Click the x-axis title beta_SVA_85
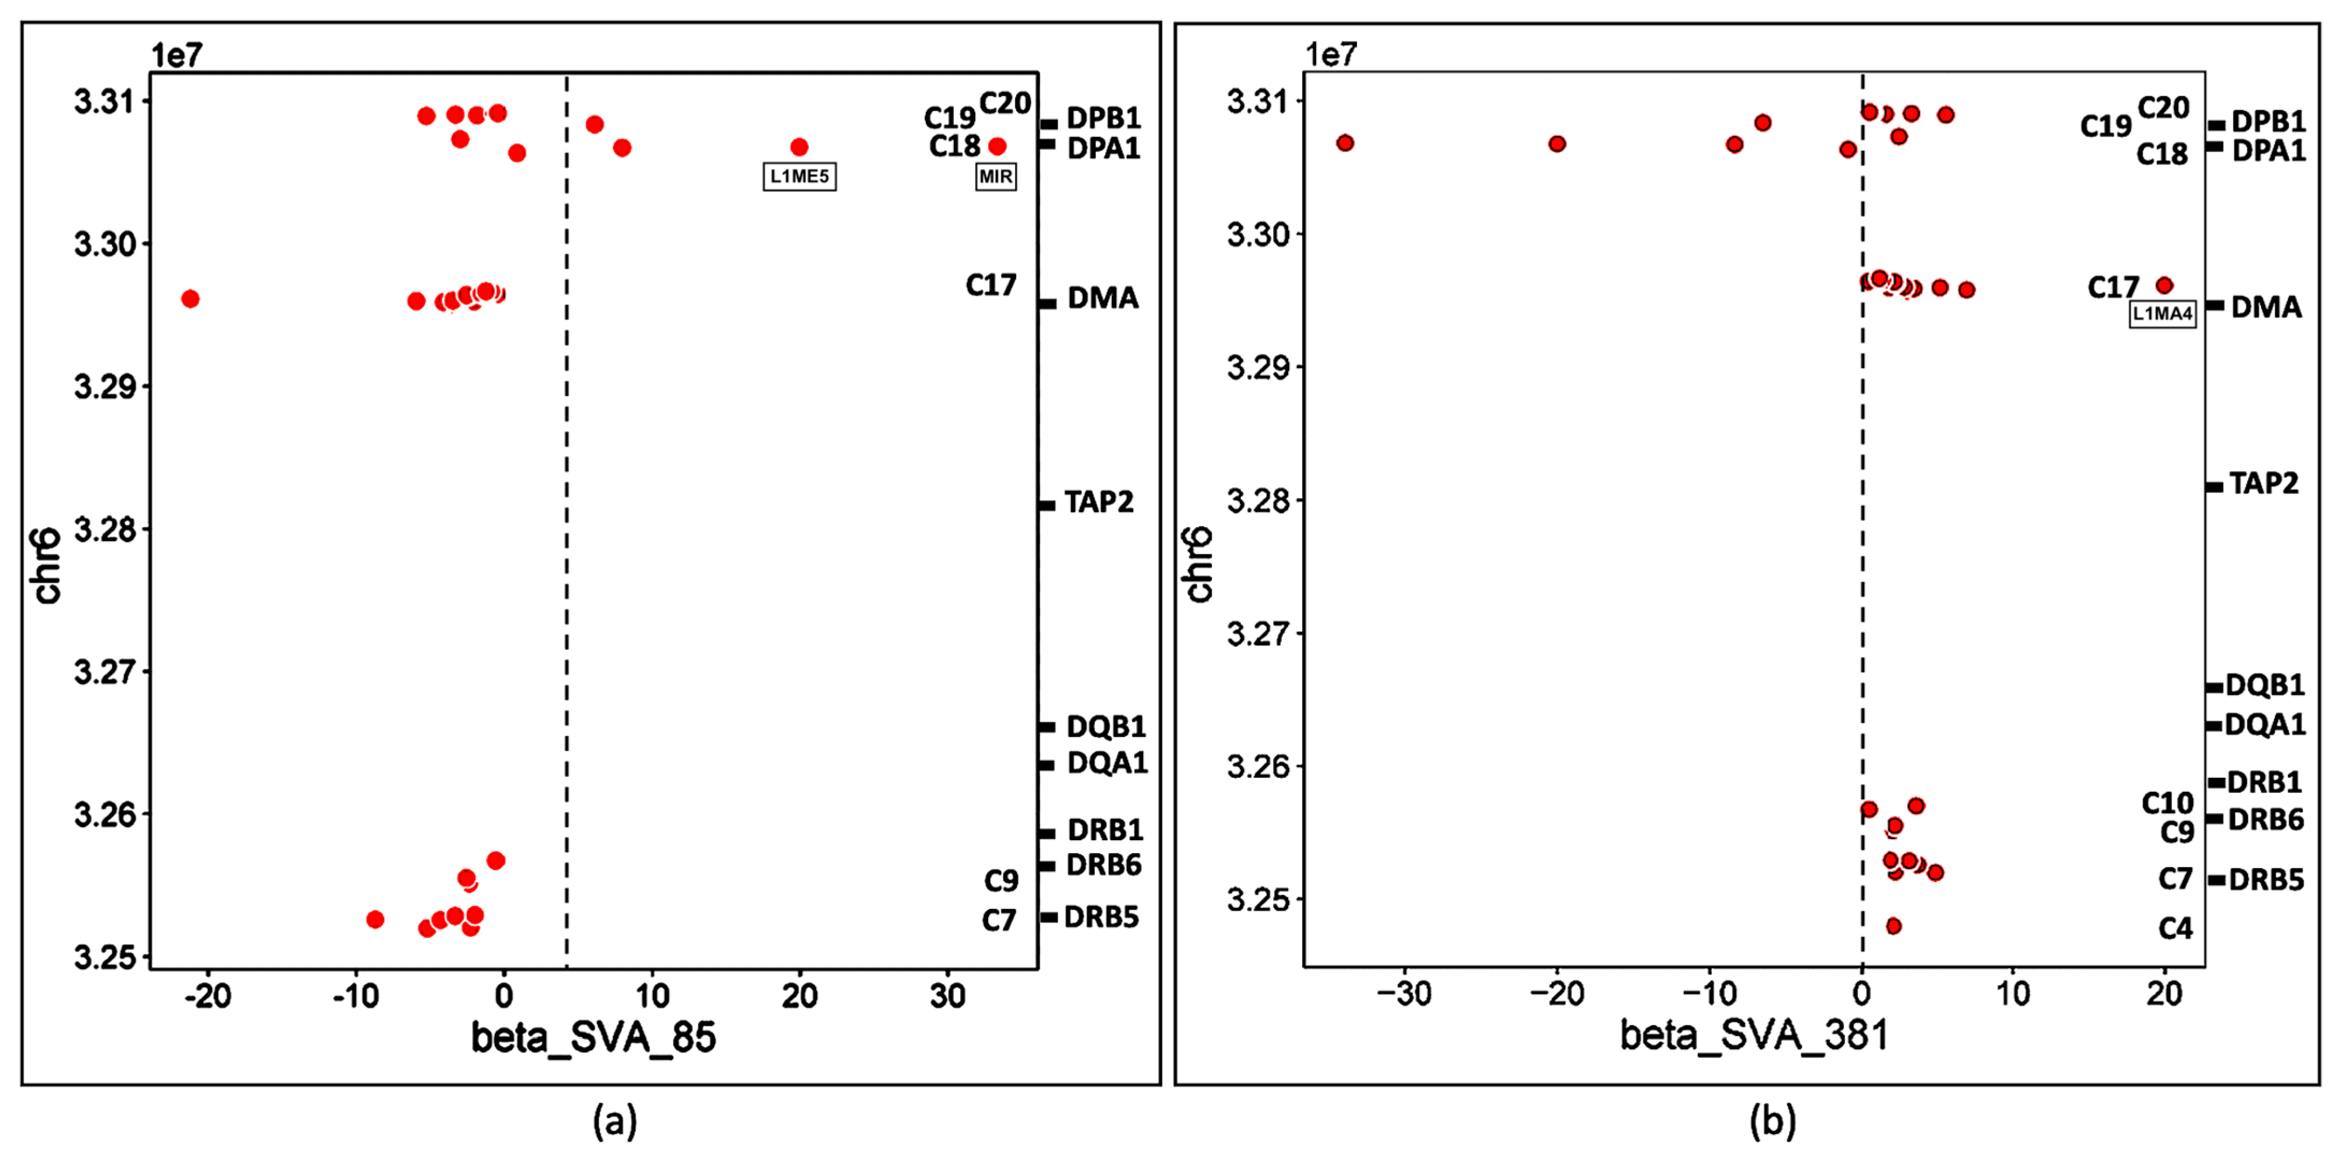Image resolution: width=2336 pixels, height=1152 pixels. [593, 1037]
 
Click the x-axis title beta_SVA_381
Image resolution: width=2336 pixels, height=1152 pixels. [1754, 1034]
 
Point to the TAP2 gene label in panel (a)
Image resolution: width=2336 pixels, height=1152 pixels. [1098, 502]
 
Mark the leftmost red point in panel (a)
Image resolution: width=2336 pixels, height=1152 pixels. [190, 298]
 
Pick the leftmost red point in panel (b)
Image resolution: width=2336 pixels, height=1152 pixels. [1345, 142]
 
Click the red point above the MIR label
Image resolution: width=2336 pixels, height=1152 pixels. [997, 146]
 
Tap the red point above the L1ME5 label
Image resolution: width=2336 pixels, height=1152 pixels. [799, 147]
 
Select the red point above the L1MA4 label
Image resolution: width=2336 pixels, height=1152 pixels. [2164, 286]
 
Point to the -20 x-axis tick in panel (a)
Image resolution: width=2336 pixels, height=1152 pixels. [207, 997]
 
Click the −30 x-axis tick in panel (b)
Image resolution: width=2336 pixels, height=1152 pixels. [1403, 994]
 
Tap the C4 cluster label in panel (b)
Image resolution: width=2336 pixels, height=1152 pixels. [2175, 928]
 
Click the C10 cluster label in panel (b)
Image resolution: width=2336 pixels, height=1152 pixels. [2167, 803]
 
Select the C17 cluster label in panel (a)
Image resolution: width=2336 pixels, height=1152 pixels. [990, 286]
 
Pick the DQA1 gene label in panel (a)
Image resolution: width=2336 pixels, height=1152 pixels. [1106, 763]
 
